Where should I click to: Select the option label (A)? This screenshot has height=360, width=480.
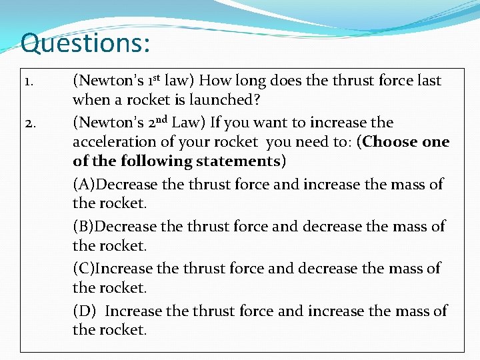click(85, 185)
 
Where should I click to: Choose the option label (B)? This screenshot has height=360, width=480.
click(85, 227)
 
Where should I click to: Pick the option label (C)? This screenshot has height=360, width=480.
click(85, 269)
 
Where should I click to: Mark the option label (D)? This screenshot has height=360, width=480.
click(85, 311)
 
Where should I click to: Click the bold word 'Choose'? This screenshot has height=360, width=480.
click(389, 142)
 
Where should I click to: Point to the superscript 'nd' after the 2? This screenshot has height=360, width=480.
click(183, 119)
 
